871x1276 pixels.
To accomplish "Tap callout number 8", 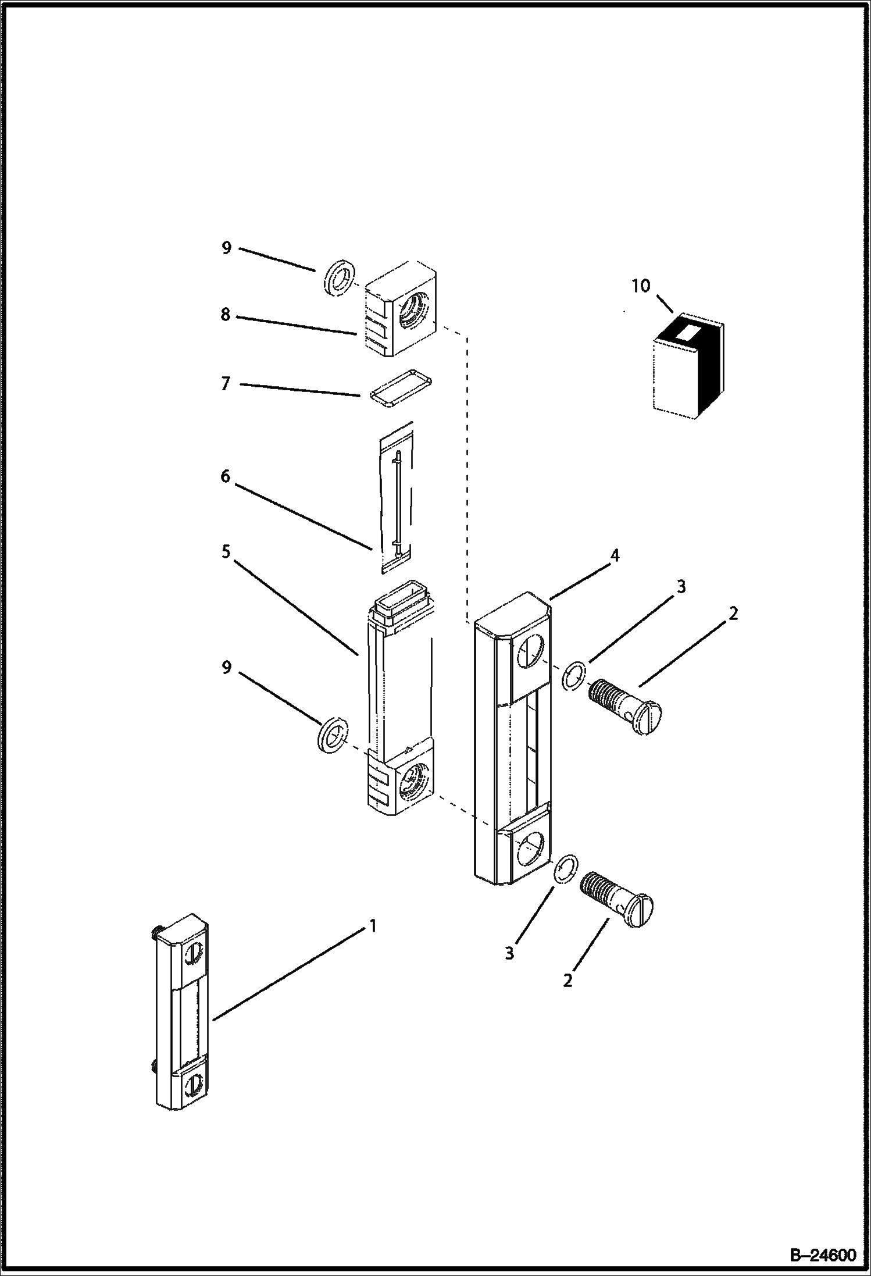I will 225,315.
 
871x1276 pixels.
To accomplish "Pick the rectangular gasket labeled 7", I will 401,386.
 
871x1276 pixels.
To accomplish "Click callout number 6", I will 225,477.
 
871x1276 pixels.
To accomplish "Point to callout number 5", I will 226,551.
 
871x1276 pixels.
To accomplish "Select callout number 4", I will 614,555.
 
